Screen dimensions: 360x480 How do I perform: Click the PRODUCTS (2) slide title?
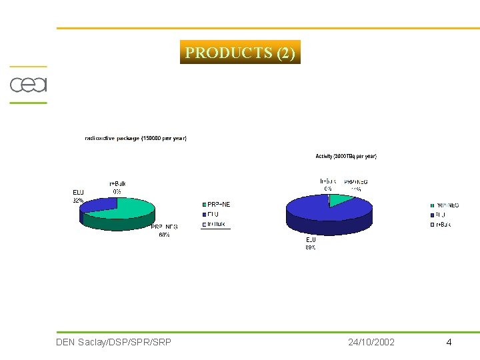(240, 53)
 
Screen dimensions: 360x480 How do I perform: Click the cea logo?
(27, 85)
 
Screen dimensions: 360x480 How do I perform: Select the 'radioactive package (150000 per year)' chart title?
(136, 138)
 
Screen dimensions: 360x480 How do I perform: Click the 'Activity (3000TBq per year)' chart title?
(346, 156)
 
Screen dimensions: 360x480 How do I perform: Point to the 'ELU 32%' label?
(78, 196)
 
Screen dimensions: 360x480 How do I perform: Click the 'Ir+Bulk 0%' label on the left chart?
(117, 187)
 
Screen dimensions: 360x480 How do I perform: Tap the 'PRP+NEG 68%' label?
(164, 231)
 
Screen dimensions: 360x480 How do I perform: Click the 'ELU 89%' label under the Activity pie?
(311, 243)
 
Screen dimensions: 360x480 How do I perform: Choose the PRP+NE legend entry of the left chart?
(217, 204)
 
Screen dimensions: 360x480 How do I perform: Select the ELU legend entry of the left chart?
(213, 214)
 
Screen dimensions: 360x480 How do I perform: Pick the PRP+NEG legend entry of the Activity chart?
(445, 205)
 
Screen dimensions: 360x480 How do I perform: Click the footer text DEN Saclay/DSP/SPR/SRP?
(114, 342)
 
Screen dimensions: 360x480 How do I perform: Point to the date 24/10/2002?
(371, 342)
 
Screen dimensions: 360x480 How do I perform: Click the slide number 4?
(449, 342)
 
